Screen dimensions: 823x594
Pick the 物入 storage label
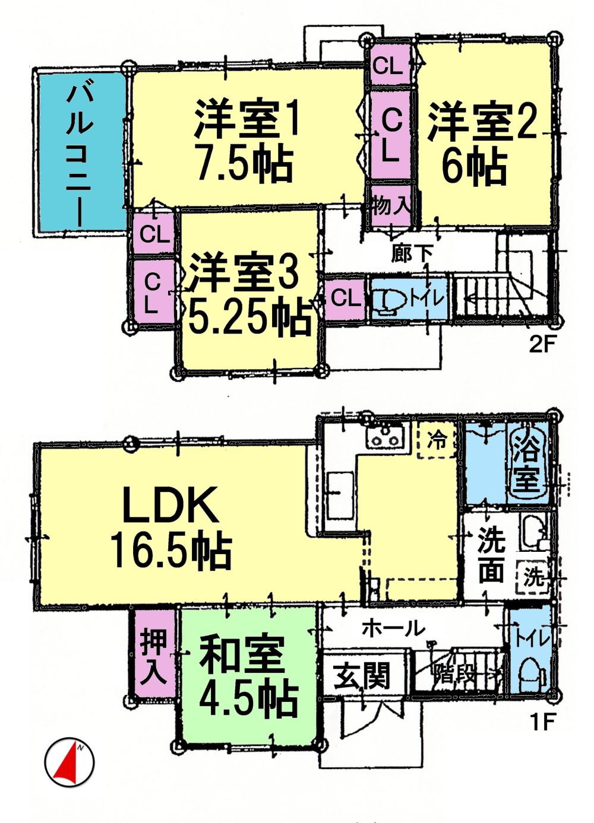(390, 206)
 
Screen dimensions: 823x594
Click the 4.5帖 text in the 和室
(248, 700)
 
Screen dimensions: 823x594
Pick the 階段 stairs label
(454, 674)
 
